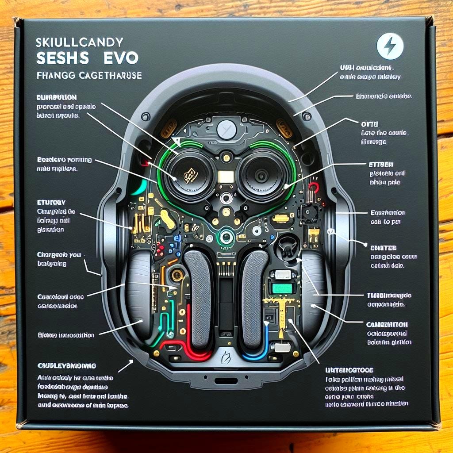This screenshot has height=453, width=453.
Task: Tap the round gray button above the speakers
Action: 226,129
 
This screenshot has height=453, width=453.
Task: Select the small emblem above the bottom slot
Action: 226,354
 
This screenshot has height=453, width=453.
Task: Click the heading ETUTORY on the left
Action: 52,202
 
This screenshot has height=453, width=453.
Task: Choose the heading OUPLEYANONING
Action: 66,366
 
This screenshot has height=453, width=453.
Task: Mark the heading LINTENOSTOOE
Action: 349,369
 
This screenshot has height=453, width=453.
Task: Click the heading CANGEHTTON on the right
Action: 388,325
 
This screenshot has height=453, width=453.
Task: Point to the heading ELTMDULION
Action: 57,97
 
